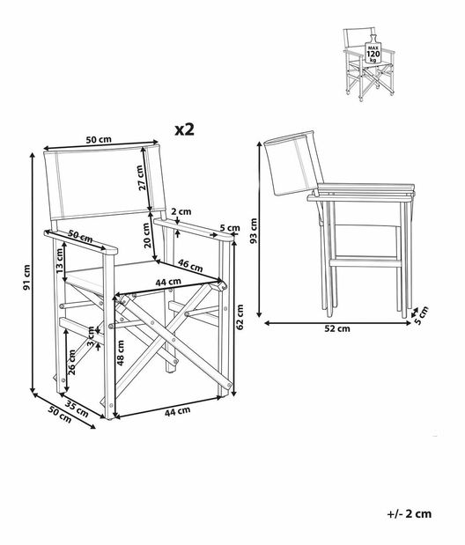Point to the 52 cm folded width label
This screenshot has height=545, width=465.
coord(337,328)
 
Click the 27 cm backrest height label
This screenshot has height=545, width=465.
coord(141,179)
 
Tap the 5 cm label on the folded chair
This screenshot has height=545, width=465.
coord(423,313)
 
